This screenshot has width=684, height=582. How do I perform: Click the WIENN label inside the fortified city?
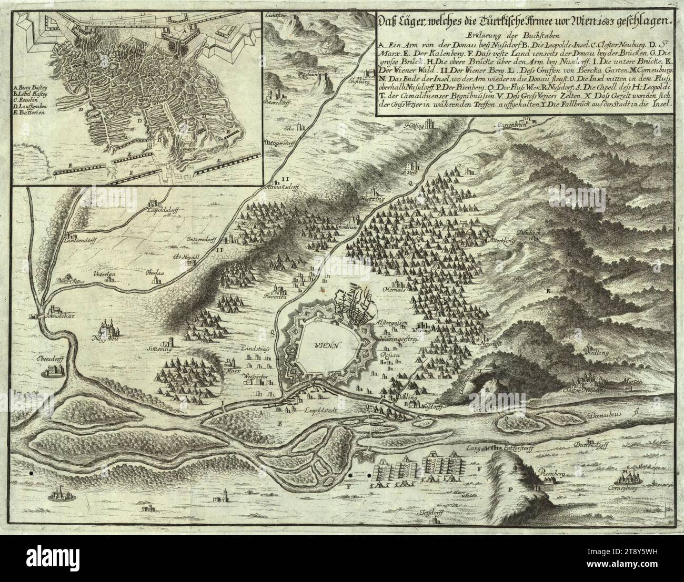(x=327, y=345)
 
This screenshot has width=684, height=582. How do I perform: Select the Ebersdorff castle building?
(x=53, y=371)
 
